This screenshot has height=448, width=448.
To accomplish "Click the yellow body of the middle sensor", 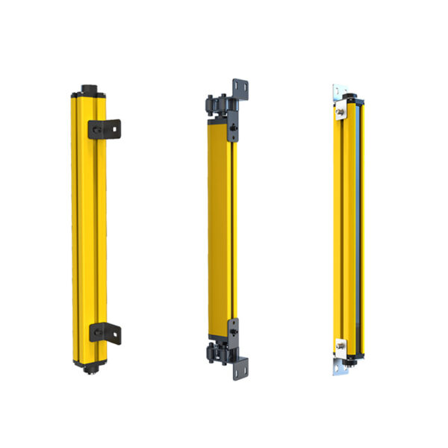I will pyautogui.click(x=220, y=224).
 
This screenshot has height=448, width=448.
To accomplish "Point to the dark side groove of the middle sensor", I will pyautogui.click(x=234, y=224).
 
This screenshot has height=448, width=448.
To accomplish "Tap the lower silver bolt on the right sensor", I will pyautogui.click(x=342, y=344).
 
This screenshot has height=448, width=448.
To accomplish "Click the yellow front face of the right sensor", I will pyautogui.click(x=346, y=224).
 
